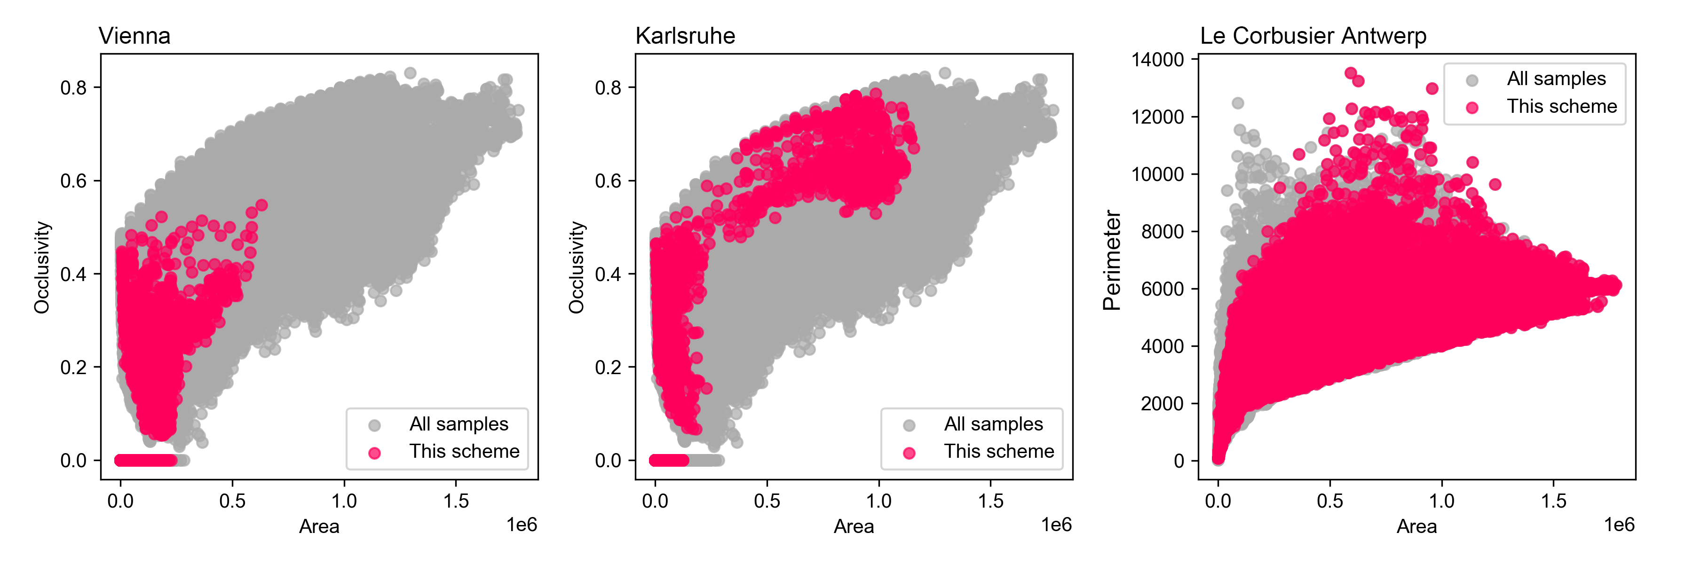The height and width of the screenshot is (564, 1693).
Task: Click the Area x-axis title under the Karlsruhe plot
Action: click(853, 526)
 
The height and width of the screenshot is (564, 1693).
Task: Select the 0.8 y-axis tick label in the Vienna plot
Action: click(74, 87)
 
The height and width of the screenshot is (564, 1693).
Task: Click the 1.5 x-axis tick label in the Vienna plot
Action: click(456, 501)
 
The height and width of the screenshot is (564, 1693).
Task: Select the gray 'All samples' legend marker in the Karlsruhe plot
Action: click(909, 425)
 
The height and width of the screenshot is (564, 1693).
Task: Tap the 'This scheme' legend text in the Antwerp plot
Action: click(1561, 106)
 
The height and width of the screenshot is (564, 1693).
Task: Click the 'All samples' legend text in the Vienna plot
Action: click(459, 424)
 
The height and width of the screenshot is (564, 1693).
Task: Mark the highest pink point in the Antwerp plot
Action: click(1351, 73)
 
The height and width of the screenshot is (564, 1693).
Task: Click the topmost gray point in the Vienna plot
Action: click(410, 73)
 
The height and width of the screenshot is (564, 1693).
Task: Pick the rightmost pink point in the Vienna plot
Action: click(261, 205)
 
